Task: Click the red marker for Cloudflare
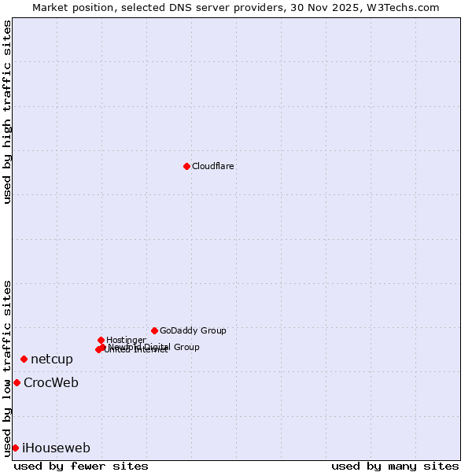tap(186, 166)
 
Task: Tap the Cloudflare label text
tap(212, 166)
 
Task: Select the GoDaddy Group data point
tap(154, 330)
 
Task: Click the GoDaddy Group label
tap(193, 330)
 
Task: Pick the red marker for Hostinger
tap(101, 340)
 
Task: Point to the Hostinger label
tap(126, 340)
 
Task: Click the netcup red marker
tap(24, 359)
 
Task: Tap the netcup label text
tap(52, 359)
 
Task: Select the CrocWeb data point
tap(17, 382)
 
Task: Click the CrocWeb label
tap(51, 383)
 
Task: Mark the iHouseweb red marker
tap(15, 448)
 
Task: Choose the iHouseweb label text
tap(56, 448)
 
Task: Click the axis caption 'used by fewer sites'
tap(81, 466)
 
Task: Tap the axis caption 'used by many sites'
tap(395, 466)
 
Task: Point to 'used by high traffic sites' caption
tap(7, 112)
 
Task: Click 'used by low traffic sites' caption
tap(7, 367)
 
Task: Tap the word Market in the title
tap(50, 7)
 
